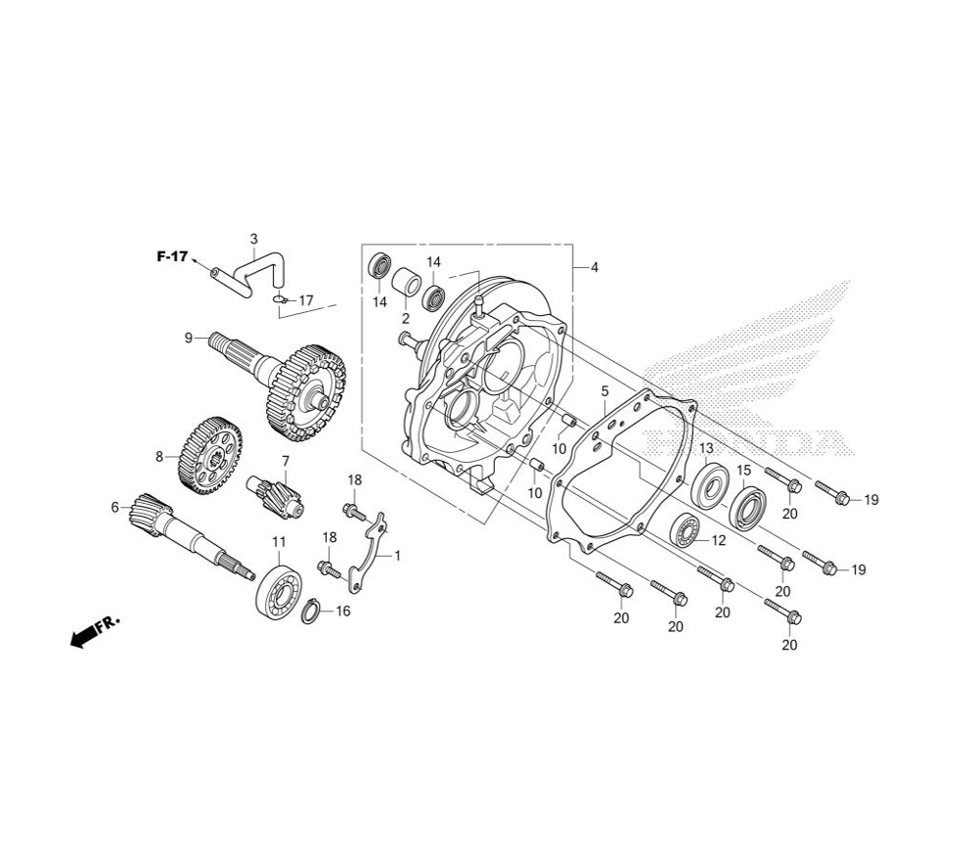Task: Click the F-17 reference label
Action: point(171,255)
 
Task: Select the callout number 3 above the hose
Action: point(254,239)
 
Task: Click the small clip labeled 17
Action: point(278,299)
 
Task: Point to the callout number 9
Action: point(189,339)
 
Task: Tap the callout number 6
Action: point(114,508)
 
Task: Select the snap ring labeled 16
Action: point(311,612)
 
